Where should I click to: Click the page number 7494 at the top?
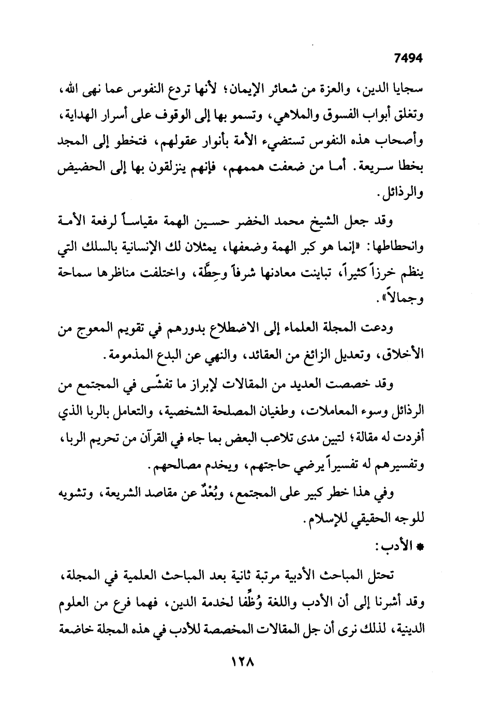pyautogui.click(x=408, y=59)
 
